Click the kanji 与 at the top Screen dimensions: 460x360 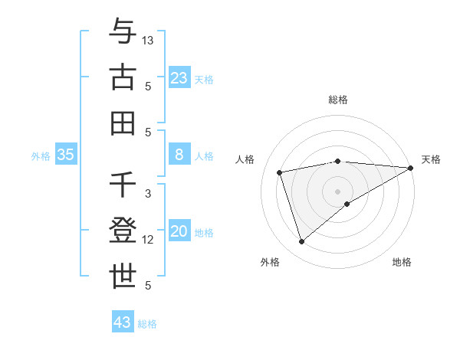pyautogui.click(x=123, y=31)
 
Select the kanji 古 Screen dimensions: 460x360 pyautogui.click(x=123, y=77)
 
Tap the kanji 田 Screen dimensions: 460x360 pyautogui.click(x=123, y=123)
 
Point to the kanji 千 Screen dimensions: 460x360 pyautogui.click(x=123, y=185)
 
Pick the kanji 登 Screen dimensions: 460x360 pyautogui.click(x=123, y=231)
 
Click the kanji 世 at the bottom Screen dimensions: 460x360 pyautogui.click(x=123, y=277)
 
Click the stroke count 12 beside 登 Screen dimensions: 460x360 pyautogui.click(x=148, y=240)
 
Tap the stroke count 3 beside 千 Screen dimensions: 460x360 pyautogui.click(x=148, y=194)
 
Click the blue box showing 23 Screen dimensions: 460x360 pyautogui.click(x=179, y=77)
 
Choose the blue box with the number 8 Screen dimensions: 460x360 pyautogui.click(x=179, y=155)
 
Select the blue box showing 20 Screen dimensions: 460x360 pyautogui.click(x=179, y=231)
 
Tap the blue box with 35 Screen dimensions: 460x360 pyautogui.click(x=66, y=155)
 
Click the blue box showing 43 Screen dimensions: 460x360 pyautogui.click(x=122, y=322)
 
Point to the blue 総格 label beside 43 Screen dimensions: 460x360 pyautogui.click(x=147, y=324)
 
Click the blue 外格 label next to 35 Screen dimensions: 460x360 pyautogui.click(x=41, y=155)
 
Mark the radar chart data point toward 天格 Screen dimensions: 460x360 pyautogui.click(x=411, y=168)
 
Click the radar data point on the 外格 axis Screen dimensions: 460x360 pyautogui.click(x=301, y=242)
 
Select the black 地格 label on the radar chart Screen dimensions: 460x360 pyautogui.click(x=402, y=263)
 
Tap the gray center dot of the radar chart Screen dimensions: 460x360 pyautogui.click(x=338, y=191)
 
